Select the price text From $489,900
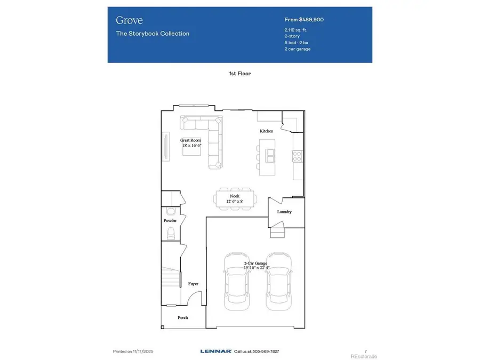[x=304, y=20]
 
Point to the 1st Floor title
[x=239, y=74]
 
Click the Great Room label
[x=190, y=140]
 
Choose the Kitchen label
[x=267, y=131]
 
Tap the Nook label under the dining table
[x=235, y=196]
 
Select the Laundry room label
[x=284, y=212]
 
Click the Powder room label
[x=170, y=220]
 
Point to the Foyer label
[x=193, y=284]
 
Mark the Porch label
[x=182, y=317]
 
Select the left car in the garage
[x=236, y=281]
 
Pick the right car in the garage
[x=279, y=281]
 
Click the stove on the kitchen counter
[x=298, y=155]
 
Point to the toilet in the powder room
[x=171, y=233]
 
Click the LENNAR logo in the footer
[x=216, y=351]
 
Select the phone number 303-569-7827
[x=265, y=351]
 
